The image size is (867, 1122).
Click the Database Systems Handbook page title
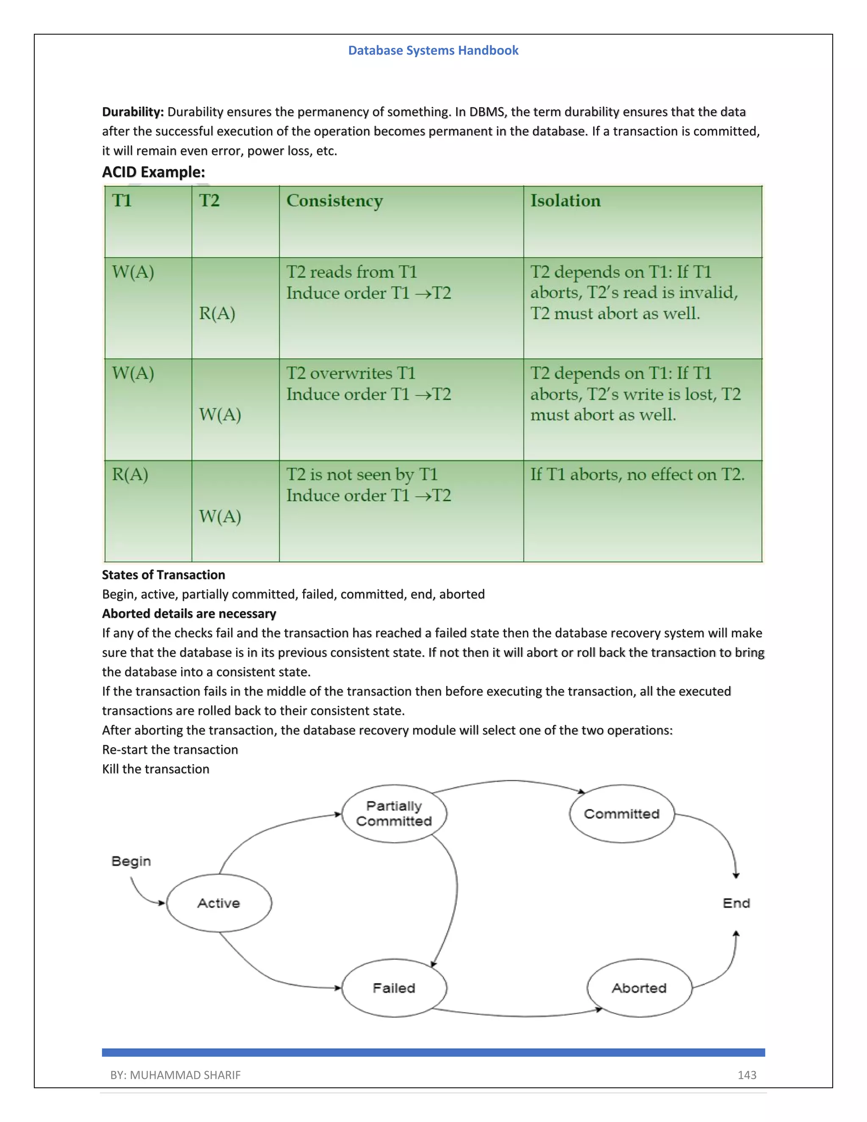pos(433,50)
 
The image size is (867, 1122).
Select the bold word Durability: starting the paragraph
pos(133,112)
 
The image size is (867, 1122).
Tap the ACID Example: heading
pos(153,172)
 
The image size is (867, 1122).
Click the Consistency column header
pos(334,201)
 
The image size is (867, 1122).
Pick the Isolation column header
pos(565,201)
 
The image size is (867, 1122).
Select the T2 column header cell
pos(209,201)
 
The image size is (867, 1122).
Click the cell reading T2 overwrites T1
pos(351,373)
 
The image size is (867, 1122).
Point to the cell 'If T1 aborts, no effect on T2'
pos(637,475)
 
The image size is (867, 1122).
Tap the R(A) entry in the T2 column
pos(217,313)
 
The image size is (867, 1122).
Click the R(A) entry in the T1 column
pos(130,475)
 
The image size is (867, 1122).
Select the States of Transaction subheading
pos(163,575)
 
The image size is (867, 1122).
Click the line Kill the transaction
pos(156,769)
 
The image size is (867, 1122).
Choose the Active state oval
pos(219,903)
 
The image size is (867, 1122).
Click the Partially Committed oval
pos(394,814)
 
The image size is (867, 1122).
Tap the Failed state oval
pos(394,988)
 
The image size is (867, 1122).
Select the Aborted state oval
pos(639,988)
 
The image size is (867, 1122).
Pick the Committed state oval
pos(621,814)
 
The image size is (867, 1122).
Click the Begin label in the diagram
pos(131,861)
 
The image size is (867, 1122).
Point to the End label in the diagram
pos(736,903)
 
